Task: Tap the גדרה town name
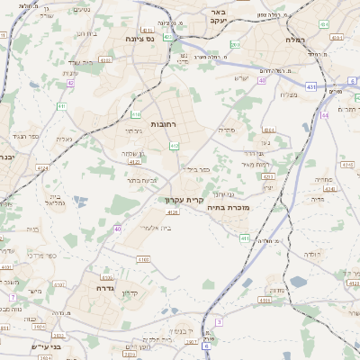103,289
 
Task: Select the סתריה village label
227,130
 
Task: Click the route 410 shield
136,114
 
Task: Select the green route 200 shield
235,44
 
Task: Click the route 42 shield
70,83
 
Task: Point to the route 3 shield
219,320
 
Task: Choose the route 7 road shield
13,297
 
